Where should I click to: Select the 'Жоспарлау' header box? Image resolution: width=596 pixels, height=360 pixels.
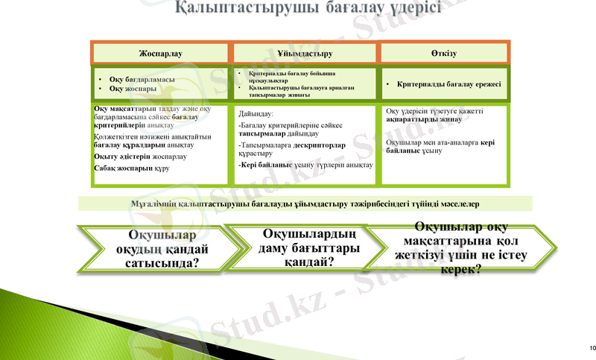pyautogui.click(x=160, y=54)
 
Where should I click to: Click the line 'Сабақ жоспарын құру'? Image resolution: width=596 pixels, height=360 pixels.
pyautogui.click(x=132, y=168)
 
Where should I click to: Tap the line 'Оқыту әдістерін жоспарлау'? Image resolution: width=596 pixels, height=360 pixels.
pyautogui.click(x=140, y=157)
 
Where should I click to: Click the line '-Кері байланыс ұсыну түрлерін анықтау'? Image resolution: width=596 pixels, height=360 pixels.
pyautogui.click(x=305, y=165)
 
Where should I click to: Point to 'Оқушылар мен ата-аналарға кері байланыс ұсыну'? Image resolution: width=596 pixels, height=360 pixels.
pyautogui.click(x=440, y=145)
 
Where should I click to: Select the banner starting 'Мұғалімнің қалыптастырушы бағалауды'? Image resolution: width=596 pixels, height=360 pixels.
pyautogui.click(x=305, y=203)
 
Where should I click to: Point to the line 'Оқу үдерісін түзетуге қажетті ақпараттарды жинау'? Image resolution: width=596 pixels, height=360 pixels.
pyautogui.click(x=434, y=115)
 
